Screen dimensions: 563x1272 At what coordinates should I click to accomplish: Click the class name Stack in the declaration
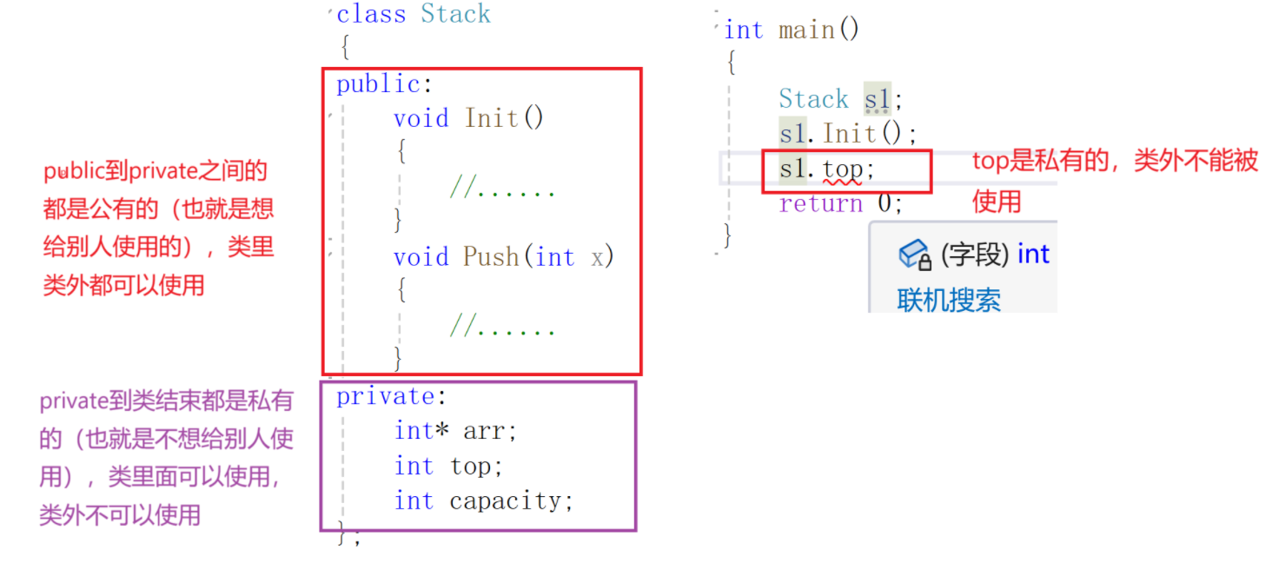click(455, 14)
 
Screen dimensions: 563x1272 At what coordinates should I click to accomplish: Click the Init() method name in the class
click(492, 118)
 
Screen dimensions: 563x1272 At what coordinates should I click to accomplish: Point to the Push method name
click(492, 257)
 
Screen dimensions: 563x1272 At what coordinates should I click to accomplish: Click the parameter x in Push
click(598, 257)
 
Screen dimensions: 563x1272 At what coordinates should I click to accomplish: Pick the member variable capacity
click(510, 501)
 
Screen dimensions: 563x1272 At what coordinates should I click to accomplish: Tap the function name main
click(806, 30)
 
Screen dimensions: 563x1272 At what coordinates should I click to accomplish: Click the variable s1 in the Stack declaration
click(877, 99)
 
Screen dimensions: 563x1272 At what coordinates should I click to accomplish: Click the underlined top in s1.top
click(842, 169)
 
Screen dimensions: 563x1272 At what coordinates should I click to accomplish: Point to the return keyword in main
click(820, 203)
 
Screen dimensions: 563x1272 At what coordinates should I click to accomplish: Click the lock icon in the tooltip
click(915, 255)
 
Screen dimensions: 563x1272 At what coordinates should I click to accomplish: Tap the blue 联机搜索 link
click(949, 301)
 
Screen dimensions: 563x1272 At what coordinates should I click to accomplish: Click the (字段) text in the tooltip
click(975, 255)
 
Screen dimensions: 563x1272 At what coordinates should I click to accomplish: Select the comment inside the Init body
click(502, 188)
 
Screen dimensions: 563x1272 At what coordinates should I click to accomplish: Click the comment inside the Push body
click(502, 327)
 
